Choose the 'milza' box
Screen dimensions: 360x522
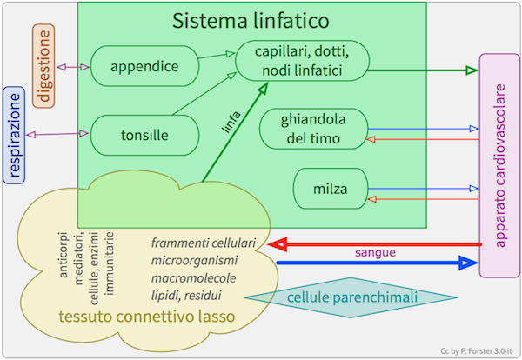point(330,188)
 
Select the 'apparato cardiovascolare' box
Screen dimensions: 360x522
point(499,168)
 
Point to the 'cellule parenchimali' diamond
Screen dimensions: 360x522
point(353,298)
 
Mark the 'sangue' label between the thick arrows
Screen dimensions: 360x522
point(376,253)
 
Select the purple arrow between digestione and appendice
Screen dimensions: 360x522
point(73,66)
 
